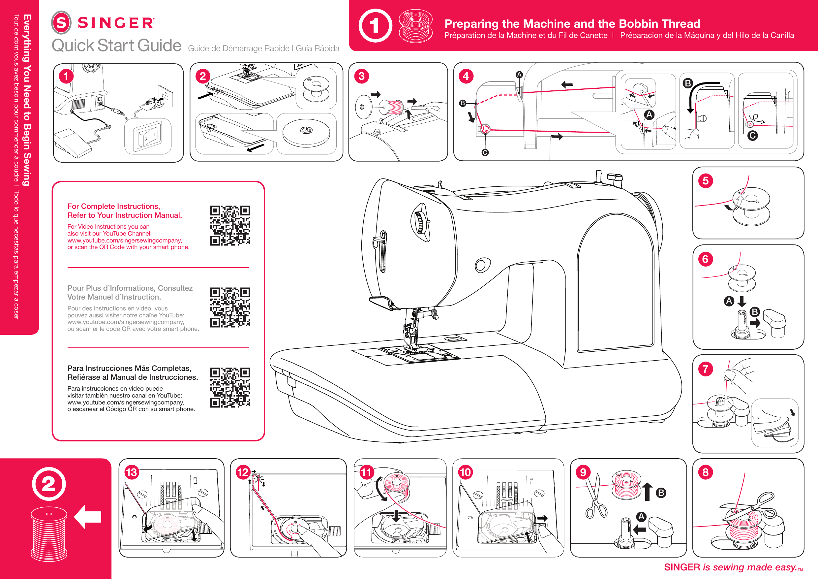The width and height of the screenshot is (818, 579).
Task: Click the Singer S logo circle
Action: [61, 22]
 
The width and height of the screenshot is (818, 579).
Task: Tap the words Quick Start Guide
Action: [116, 46]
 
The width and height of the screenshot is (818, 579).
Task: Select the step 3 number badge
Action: [361, 76]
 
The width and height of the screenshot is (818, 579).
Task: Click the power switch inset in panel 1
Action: [147, 137]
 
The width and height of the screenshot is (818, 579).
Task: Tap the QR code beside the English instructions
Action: [230, 225]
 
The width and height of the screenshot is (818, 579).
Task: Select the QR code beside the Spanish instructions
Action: [230, 388]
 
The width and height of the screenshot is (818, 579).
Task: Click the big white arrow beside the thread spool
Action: [88, 517]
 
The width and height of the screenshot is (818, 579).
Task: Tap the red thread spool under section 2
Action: [49, 534]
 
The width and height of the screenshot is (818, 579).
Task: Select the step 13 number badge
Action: [132, 472]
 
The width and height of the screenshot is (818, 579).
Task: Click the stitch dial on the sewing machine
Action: [420, 222]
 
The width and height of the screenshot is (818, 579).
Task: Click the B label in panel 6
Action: [755, 312]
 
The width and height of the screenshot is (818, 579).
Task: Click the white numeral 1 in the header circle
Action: [375, 26]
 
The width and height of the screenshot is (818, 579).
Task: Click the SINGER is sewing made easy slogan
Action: [730, 567]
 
